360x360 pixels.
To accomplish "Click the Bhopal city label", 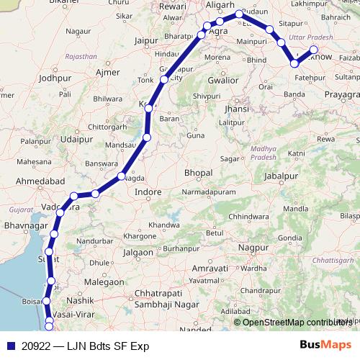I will coord(198,174).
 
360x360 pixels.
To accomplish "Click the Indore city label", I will coord(149,192).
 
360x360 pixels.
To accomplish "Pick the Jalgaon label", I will coord(138,253).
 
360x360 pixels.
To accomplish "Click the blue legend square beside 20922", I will coord(7,346).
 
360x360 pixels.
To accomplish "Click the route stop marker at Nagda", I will coord(122,176).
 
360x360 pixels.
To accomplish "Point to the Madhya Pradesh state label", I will coord(258,153).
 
